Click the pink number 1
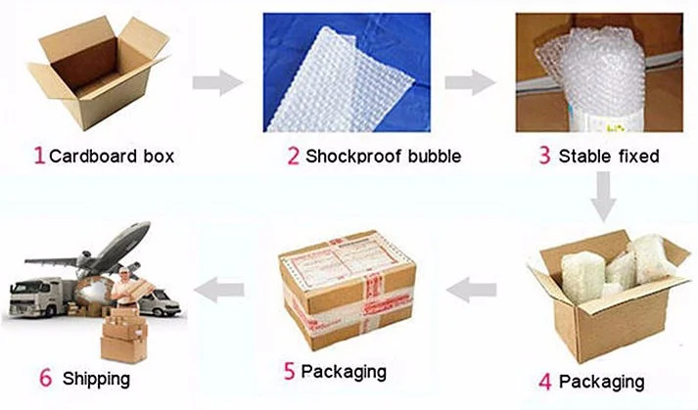click(39, 156)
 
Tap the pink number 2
click(293, 156)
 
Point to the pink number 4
click(545, 381)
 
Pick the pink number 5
click(288, 371)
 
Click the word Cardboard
click(93, 156)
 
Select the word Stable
click(582, 156)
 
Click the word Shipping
click(96, 378)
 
